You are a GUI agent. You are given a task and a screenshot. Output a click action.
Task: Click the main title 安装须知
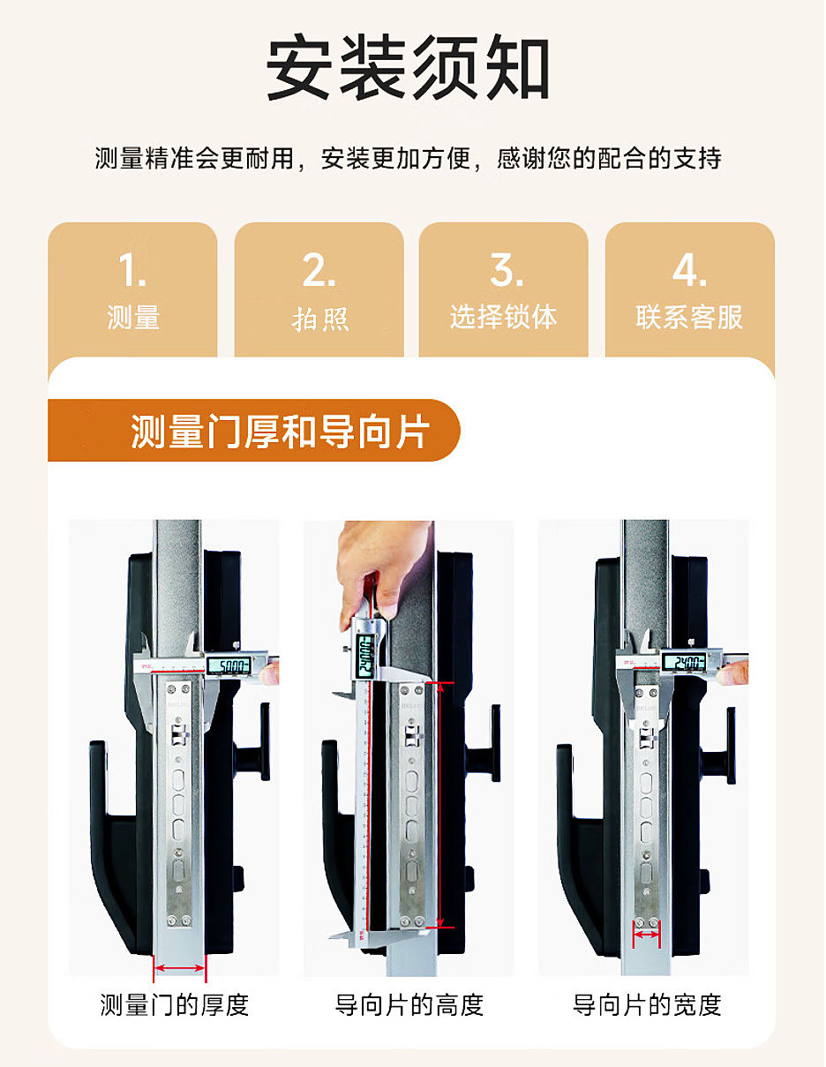408,67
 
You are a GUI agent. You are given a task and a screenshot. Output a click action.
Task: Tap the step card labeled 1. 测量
132,289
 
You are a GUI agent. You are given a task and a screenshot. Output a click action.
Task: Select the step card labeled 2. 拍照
319,289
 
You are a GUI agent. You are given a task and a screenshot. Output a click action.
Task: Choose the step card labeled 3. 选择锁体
504,289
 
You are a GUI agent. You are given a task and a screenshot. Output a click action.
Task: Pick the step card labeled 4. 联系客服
689,289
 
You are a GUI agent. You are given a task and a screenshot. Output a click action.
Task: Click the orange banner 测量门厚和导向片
254,431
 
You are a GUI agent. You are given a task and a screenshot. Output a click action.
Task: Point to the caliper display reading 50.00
229,666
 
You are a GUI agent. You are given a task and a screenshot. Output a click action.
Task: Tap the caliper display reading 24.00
684,663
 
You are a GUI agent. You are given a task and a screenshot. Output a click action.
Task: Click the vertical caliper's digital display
364,656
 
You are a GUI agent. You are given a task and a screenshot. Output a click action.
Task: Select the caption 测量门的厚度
174,1004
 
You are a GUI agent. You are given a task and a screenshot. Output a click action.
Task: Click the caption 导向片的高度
409,1004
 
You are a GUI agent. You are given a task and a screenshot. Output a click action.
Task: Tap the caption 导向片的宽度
647,1004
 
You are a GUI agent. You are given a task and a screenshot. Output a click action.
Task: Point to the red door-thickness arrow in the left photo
180,969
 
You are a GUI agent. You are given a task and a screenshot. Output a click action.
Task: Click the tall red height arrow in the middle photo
440,805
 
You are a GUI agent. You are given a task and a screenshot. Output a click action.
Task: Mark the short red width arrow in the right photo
646,935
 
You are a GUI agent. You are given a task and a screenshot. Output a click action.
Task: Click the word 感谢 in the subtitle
522,159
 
